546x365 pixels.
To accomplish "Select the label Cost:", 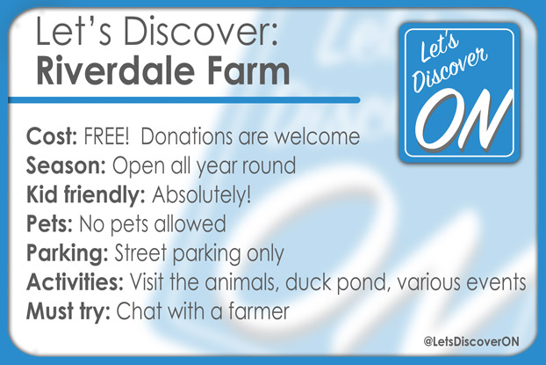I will tap(52, 139).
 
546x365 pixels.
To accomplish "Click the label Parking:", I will tap(67, 253).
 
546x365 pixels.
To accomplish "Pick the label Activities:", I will tap(74, 282).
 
